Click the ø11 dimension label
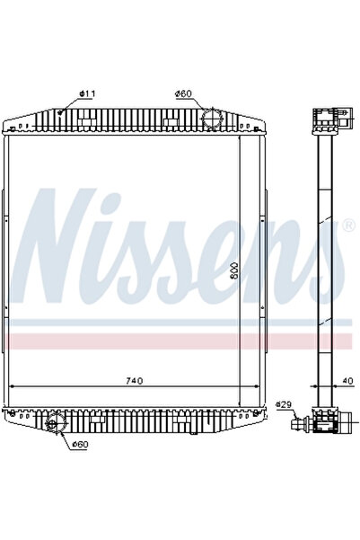[88, 93]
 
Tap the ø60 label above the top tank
[183, 93]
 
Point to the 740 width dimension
[133, 382]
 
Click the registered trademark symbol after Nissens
[347, 226]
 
